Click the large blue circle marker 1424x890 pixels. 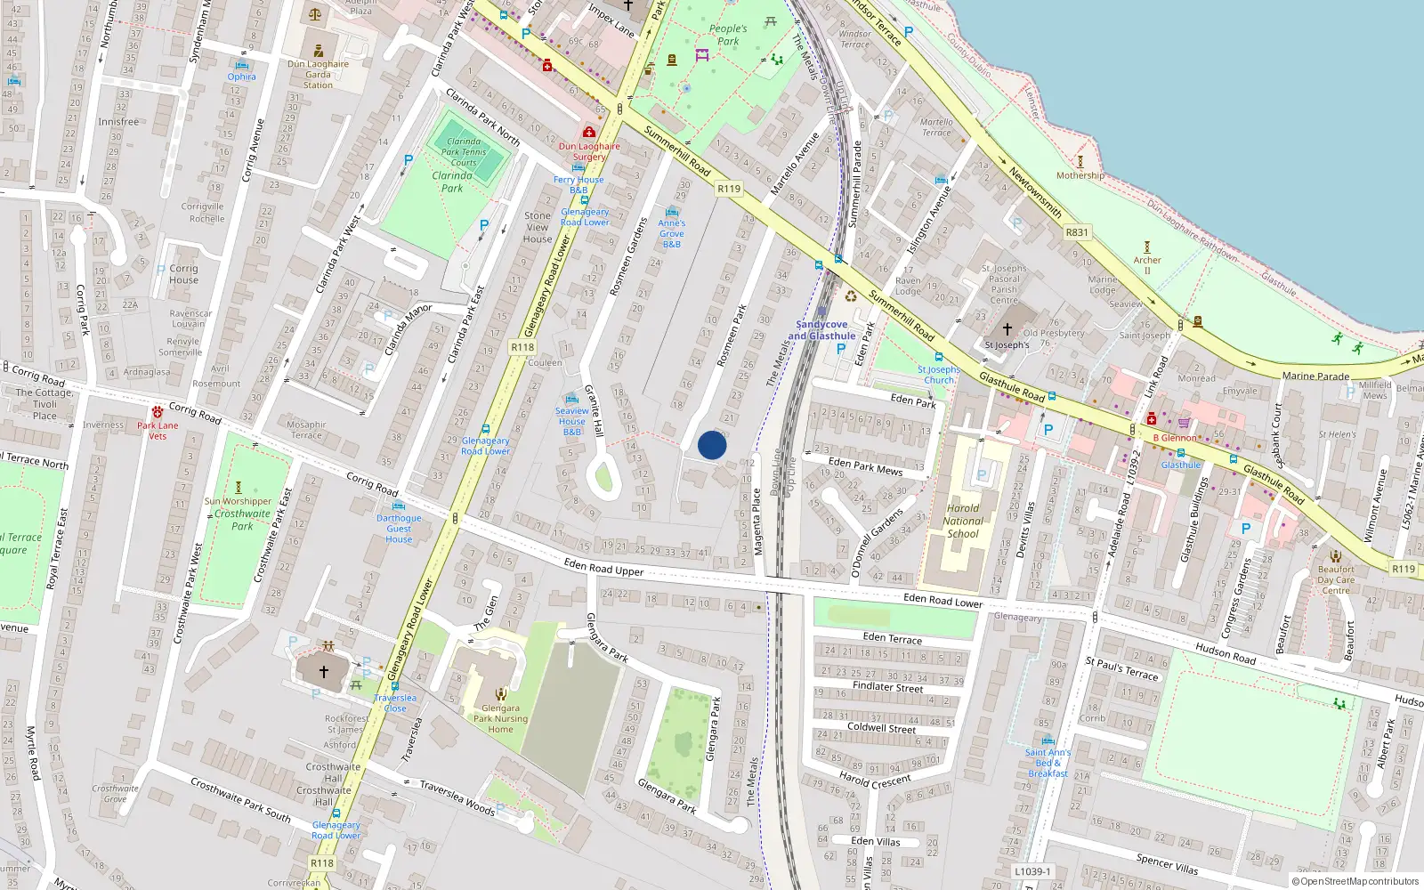point(712,445)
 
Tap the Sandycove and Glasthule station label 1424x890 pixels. point(821,330)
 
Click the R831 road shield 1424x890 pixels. point(1077,232)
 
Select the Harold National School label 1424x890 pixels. point(963,522)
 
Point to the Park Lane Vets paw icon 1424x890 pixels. point(158,412)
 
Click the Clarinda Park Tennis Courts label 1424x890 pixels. point(464,152)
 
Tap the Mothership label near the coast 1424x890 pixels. point(1080,175)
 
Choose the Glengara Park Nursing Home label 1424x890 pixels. point(500,719)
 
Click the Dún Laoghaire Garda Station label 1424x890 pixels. point(318,75)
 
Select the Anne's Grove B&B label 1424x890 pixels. point(672,234)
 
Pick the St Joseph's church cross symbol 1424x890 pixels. point(1007,328)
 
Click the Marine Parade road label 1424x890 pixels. point(1315,376)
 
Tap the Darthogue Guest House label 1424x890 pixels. point(399,529)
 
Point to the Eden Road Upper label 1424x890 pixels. point(603,567)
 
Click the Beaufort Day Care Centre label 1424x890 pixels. point(1336,580)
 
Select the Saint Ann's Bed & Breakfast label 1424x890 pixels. point(1048,763)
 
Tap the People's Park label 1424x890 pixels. point(728,35)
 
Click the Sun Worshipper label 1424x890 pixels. point(238,501)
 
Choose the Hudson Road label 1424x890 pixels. point(1225,654)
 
